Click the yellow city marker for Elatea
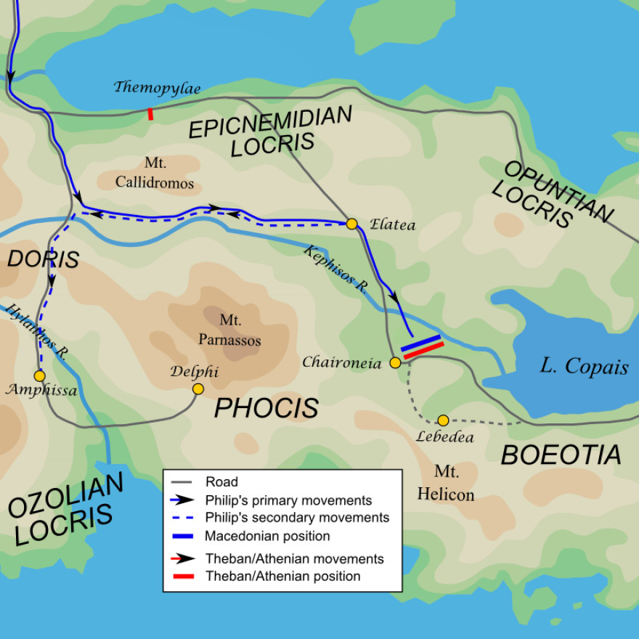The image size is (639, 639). click(351, 224)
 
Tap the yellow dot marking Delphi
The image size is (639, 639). click(198, 389)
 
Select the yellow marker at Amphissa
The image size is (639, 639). click(39, 375)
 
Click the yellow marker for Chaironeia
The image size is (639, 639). click(395, 362)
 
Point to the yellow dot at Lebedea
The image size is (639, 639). click(443, 420)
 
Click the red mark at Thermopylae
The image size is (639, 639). click(150, 113)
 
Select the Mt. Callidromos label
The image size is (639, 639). click(155, 174)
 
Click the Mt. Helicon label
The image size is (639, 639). click(446, 484)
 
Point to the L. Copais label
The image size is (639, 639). click(584, 367)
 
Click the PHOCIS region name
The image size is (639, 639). click(266, 409)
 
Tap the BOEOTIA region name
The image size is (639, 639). click(561, 455)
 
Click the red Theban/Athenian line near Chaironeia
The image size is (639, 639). click(423, 350)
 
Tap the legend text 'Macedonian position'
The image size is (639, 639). click(267, 537)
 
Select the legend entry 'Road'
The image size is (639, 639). click(221, 481)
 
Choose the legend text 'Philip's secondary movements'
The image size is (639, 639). click(297, 518)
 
